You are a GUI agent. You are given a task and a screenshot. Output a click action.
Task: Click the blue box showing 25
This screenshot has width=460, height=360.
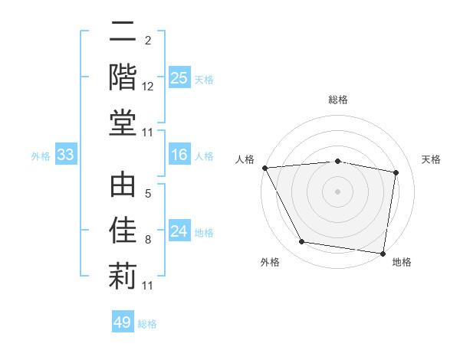[179, 78]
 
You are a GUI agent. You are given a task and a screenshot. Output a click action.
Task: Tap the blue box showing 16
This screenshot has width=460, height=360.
[179, 155]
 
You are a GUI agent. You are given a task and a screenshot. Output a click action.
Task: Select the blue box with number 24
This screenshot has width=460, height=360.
[179, 232]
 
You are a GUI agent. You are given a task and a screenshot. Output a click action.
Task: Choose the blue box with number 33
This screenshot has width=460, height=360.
[65, 155]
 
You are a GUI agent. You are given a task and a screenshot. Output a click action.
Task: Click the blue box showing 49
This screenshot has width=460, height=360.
[123, 322]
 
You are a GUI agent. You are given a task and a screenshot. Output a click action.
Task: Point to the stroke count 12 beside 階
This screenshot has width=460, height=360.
[148, 87]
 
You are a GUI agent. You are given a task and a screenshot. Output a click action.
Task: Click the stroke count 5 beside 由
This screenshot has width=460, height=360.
[148, 195]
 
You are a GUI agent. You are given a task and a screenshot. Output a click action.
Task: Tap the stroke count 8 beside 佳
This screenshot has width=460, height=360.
[148, 240]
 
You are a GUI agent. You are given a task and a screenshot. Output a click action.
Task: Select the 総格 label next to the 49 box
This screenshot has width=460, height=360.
[147, 323]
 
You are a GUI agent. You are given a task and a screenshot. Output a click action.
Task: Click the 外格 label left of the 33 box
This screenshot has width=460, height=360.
[41, 156]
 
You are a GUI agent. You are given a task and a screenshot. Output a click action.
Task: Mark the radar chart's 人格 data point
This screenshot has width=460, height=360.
[265, 168]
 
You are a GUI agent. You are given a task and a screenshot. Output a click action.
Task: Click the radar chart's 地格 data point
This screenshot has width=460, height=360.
[383, 253]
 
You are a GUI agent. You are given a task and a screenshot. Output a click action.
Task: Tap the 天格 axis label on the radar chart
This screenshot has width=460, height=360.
[432, 159]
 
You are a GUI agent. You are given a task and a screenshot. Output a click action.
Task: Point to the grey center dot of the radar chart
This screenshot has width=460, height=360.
[337, 191]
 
